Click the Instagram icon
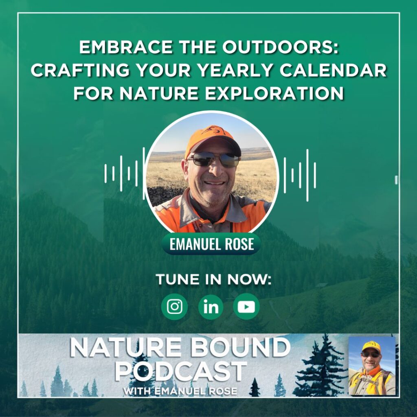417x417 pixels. tap(174, 307)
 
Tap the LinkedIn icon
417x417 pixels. tap(211, 307)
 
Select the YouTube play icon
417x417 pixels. tap(246, 307)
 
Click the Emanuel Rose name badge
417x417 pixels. tap(211, 244)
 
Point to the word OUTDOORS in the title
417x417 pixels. tap(281, 47)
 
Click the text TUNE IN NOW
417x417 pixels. tap(213, 279)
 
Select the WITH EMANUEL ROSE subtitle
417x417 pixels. tap(180, 391)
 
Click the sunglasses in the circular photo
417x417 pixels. tap(214, 159)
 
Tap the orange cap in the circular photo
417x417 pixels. tap(212, 141)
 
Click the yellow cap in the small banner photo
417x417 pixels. tap(371, 347)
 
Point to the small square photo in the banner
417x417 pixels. tap(372, 366)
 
